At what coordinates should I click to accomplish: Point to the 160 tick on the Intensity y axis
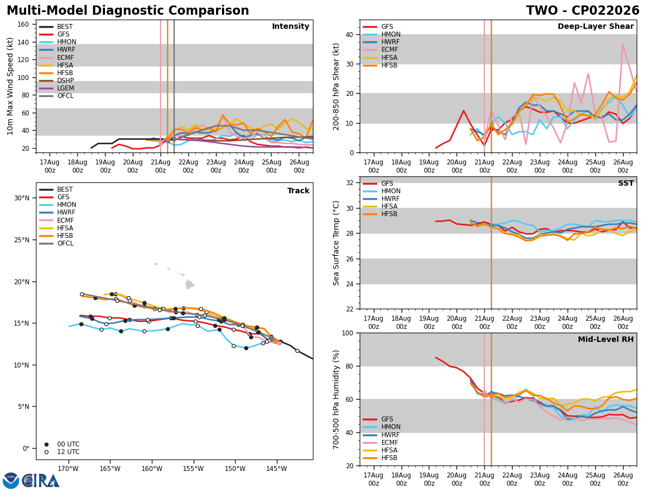23,24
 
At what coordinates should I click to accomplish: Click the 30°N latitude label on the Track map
22,198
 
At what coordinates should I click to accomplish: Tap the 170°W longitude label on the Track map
68,469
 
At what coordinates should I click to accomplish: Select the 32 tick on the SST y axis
349,183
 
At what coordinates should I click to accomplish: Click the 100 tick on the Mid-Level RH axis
348,333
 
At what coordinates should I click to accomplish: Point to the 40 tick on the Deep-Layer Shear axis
349,35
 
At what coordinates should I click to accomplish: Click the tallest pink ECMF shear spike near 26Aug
623,45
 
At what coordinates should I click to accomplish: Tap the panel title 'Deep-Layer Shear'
595,27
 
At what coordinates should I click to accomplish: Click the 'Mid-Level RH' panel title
606,339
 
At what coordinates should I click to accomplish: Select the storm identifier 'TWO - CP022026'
583,10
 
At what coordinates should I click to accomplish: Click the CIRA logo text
41,481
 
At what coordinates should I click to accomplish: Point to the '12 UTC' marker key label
69,452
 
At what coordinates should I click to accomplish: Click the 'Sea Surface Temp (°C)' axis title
336,243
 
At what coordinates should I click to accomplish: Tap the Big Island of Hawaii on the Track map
189,284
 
